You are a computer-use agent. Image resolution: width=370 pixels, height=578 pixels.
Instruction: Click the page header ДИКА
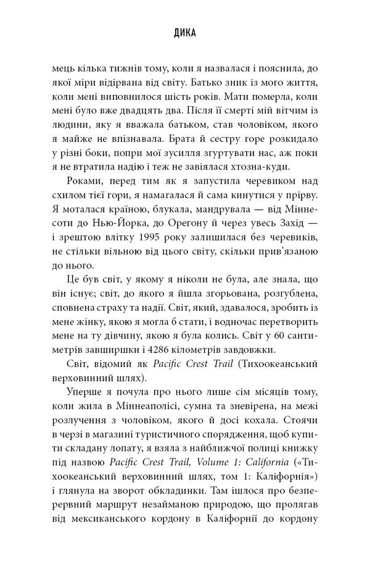pos(184,35)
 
